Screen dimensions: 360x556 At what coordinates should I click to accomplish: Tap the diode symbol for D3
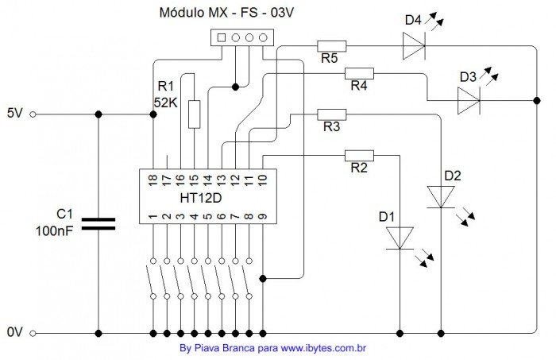[468, 101]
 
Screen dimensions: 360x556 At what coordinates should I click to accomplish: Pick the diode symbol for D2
[441, 196]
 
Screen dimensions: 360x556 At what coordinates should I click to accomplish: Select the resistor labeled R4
[358, 73]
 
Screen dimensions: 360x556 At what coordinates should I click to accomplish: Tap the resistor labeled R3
[331, 114]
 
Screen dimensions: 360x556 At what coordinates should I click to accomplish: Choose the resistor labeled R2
[359, 155]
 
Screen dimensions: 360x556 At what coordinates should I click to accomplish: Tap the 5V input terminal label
[16, 114]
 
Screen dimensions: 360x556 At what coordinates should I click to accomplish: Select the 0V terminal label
[16, 333]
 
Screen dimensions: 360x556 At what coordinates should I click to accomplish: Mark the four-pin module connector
[241, 37]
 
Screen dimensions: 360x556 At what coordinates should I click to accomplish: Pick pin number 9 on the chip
[262, 215]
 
